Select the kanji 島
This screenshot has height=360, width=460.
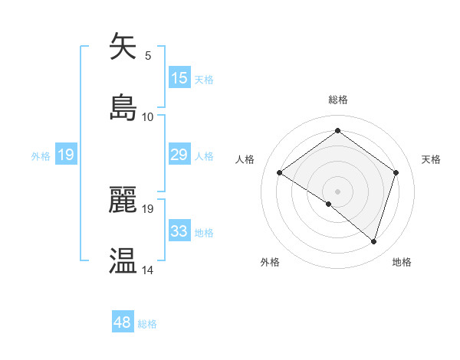tap(123, 107)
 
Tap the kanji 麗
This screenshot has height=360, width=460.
tap(123, 200)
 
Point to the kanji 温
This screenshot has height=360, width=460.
tap(123, 260)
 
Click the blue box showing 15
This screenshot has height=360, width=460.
tap(179, 78)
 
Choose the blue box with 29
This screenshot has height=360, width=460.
tap(179, 155)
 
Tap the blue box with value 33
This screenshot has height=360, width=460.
tap(179, 231)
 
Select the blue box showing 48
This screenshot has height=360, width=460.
tap(123, 322)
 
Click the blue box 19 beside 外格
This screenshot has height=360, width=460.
tap(66, 155)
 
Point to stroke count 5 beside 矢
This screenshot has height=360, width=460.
tap(148, 55)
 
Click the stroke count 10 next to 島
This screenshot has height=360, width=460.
tap(148, 116)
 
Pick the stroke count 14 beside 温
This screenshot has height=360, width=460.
tap(148, 270)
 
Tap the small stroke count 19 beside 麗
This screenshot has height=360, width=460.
tap(148, 208)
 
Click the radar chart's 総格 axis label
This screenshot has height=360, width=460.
tap(337, 100)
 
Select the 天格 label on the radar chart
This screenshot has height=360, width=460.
tap(431, 159)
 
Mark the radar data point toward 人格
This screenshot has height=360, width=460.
tap(280, 173)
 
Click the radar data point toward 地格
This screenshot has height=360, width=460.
tap(373, 241)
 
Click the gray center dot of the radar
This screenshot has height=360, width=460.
tap(337, 191)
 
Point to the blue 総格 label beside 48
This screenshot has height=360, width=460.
tap(147, 324)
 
